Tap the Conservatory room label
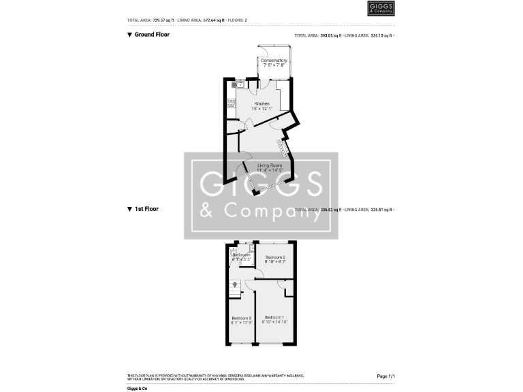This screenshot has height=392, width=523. tap(274, 61)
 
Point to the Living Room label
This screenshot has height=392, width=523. tap(270, 165)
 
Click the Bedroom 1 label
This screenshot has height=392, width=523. tap(274, 317)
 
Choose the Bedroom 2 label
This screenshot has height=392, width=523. tap(275, 257)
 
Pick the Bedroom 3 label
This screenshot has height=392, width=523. tap(241, 318)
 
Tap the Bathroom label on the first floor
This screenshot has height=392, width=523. tap(242, 255)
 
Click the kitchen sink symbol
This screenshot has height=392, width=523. tap(239, 85)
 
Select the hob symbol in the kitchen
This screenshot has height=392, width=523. tap(230, 103)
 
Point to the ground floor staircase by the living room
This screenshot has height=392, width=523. tap(281, 146)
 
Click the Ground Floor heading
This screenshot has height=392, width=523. tap(152, 34)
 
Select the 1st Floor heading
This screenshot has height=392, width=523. tap(146, 209)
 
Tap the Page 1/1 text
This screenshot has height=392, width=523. tap(386, 376)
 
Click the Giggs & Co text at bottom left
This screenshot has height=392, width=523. tap(137, 387)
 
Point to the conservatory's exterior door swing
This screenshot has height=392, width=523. tap(264, 51)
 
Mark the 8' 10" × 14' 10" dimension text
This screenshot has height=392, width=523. tap(275, 322)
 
